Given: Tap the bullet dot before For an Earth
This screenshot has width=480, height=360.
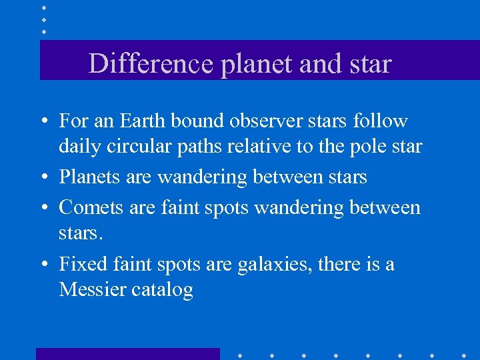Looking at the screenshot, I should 42,122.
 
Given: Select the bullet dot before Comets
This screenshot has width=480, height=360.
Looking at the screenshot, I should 42,209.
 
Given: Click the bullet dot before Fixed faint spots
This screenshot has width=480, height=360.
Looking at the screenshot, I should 42,265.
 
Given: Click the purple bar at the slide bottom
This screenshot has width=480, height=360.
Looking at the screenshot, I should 127,354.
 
